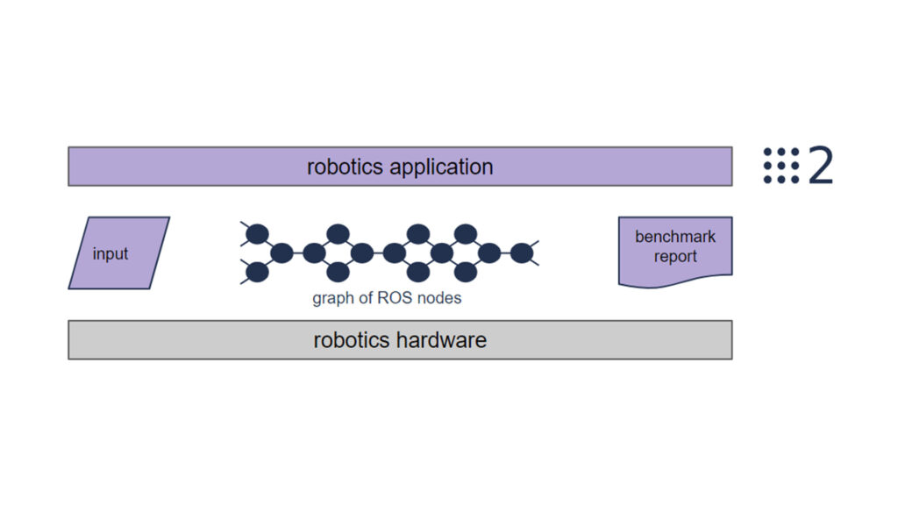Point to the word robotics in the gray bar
click(x=351, y=340)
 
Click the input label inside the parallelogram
click(x=110, y=254)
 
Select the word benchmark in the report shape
click(x=675, y=237)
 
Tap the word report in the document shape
click(x=675, y=257)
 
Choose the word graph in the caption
click(x=331, y=298)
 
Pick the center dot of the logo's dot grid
click(x=781, y=166)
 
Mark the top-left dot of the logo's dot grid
click(x=768, y=153)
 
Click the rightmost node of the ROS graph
click(x=522, y=253)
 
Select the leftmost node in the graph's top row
click(x=256, y=234)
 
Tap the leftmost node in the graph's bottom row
click(x=256, y=273)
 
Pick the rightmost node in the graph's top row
click(x=466, y=234)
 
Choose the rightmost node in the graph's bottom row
click(x=466, y=273)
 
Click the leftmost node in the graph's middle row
click(x=282, y=253)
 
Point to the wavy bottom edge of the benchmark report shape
click(x=675, y=282)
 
